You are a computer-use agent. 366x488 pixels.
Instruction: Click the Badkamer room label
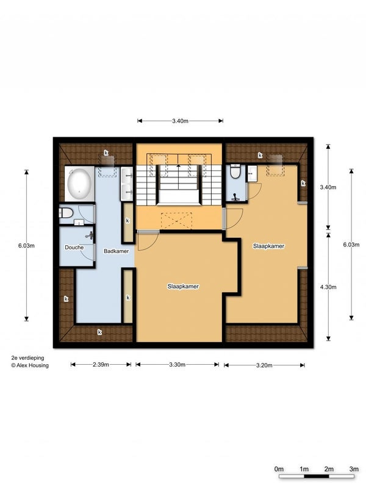click(x=116, y=251)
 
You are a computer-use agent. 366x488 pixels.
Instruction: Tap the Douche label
click(x=74, y=248)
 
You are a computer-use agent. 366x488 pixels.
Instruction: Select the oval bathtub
click(x=79, y=184)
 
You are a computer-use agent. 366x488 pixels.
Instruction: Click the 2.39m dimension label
click(x=101, y=364)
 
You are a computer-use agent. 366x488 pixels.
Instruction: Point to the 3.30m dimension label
click(x=177, y=364)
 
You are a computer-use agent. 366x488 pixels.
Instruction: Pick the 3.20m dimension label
click(x=264, y=365)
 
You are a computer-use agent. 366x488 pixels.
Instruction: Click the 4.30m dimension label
click(x=328, y=287)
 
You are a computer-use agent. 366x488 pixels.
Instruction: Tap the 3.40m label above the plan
click(x=180, y=121)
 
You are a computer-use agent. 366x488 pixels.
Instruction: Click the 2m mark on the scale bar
click(x=329, y=468)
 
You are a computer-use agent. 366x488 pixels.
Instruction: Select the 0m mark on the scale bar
click(x=279, y=468)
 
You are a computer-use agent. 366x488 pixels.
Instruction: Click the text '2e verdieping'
click(x=27, y=358)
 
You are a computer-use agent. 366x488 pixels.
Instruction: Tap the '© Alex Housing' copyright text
click(x=30, y=365)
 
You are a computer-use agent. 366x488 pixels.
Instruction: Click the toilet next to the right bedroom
click(x=235, y=171)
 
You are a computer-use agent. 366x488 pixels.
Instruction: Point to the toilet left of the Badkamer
click(x=66, y=213)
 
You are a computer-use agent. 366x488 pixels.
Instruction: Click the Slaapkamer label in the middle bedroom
click(x=183, y=286)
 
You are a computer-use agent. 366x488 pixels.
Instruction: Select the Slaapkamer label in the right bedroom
click(x=268, y=246)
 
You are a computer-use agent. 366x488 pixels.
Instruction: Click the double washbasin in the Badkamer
click(x=127, y=184)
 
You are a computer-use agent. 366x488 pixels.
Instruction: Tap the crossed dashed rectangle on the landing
click(x=176, y=221)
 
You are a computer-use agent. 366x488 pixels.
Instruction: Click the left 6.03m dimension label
click(x=26, y=246)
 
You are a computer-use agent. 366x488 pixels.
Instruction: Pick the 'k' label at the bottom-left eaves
click(x=99, y=332)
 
